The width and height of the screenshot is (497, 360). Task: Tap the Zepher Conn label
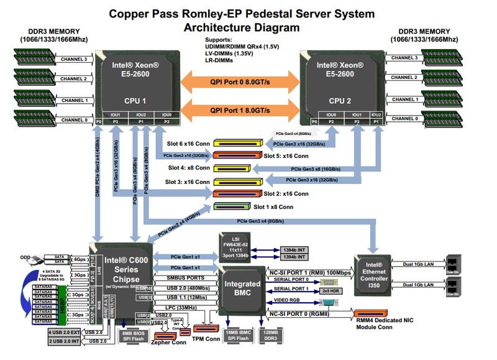pos(168,341)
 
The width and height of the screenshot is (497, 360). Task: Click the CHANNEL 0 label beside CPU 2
pos(405,120)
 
